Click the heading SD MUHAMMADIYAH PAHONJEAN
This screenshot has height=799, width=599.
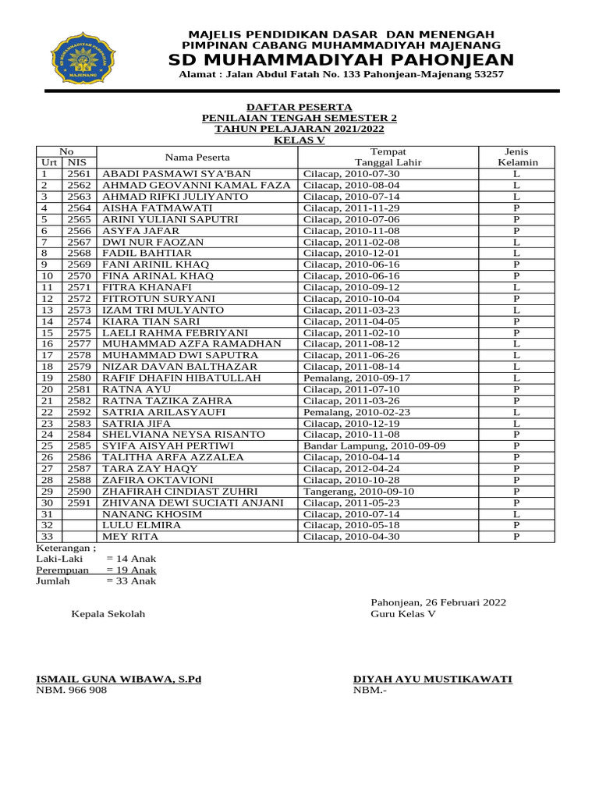pyautogui.click(x=342, y=61)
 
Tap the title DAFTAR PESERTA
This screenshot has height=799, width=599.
pyautogui.click(x=299, y=107)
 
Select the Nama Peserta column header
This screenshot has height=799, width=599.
pyautogui.click(x=197, y=157)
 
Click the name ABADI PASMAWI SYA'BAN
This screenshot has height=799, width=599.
pyautogui.click(x=165, y=174)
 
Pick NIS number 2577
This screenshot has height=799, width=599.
pyautogui.click(x=80, y=343)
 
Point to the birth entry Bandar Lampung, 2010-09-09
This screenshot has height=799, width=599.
pyautogui.click(x=374, y=446)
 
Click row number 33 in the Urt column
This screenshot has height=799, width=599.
pyautogui.click(x=47, y=536)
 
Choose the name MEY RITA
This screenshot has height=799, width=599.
pyautogui.click(x=130, y=536)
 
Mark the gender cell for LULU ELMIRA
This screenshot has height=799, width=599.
pyautogui.click(x=516, y=525)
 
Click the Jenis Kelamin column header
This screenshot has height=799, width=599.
pyautogui.click(x=517, y=157)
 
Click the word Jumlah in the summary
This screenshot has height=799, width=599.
pyautogui.click(x=53, y=581)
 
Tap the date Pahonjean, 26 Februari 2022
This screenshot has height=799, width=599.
pyautogui.click(x=438, y=602)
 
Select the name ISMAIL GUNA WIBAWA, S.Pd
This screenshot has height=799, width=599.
pyautogui.click(x=119, y=679)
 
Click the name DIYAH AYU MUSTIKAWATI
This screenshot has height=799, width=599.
pyautogui.click(x=433, y=679)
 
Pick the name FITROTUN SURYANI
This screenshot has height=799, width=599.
pyautogui.click(x=158, y=298)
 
